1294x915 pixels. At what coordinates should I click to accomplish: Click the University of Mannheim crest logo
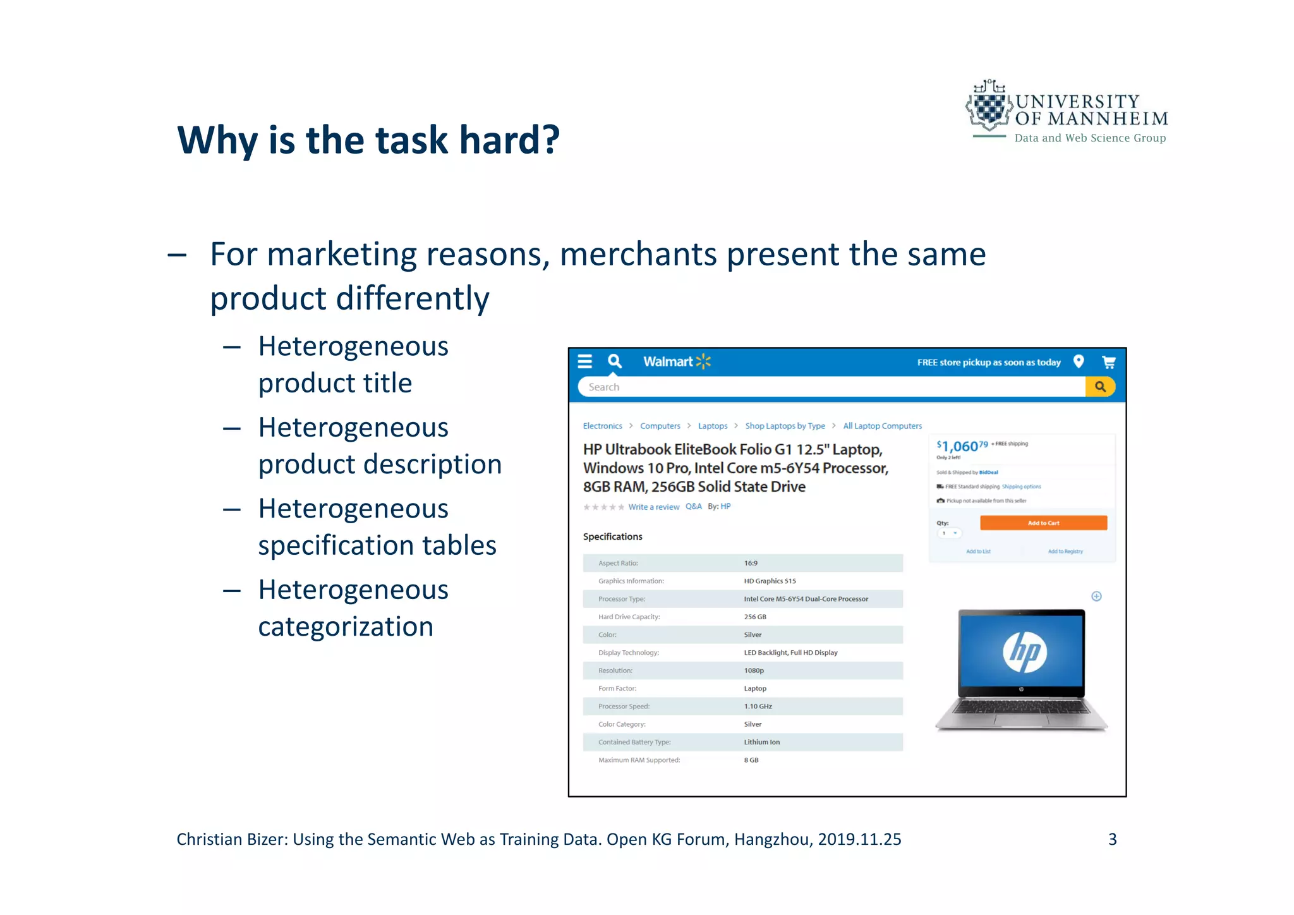(989, 107)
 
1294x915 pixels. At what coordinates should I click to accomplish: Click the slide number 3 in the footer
(1112, 839)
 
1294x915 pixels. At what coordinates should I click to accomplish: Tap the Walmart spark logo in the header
(703, 361)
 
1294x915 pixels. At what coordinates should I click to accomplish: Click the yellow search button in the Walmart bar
(1100, 387)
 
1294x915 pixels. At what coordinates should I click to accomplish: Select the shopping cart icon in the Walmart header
(1108, 362)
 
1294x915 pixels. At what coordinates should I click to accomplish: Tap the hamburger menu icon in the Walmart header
(585, 361)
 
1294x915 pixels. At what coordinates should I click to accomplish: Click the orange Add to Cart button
(1043, 523)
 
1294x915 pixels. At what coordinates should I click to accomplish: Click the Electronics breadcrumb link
(602, 426)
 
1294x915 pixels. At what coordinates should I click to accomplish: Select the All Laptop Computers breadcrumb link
(882, 426)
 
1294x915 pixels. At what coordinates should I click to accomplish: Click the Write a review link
(653, 507)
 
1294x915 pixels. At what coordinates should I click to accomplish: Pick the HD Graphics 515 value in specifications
(770, 581)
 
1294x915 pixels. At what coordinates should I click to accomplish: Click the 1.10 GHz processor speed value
(758, 706)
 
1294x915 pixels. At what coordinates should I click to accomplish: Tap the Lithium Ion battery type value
(761, 742)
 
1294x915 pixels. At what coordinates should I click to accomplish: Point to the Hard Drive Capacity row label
(629, 617)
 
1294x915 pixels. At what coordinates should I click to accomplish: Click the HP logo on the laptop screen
(1024, 651)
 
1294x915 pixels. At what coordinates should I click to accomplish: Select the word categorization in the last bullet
(346, 627)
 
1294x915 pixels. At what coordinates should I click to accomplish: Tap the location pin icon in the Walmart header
(1079, 361)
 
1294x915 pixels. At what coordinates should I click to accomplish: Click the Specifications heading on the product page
(612, 536)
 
